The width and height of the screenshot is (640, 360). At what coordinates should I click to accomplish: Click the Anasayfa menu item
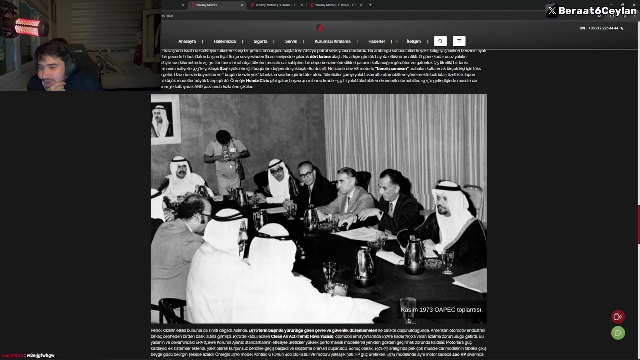(187, 41)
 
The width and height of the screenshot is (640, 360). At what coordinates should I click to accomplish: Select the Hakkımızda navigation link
(224, 41)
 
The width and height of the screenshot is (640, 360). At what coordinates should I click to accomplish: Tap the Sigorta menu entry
(260, 41)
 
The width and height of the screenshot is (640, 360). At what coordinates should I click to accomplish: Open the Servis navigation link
(291, 41)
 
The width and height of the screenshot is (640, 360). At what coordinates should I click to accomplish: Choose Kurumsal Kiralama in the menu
(332, 41)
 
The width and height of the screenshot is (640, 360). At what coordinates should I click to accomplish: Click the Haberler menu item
(377, 41)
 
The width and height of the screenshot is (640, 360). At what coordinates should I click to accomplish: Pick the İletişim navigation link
(414, 41)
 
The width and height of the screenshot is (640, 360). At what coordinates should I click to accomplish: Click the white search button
(440, 41)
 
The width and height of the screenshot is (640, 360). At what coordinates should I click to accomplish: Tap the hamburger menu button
(459, 41)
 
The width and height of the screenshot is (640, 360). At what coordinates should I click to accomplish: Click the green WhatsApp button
(618, 333)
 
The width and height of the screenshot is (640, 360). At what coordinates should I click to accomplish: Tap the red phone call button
(618, 316)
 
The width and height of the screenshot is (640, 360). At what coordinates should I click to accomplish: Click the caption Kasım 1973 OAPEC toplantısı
(441, 310)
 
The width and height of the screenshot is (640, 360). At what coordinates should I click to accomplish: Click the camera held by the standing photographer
(226, 152)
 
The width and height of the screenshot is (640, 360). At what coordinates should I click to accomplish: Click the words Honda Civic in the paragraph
(257, 81)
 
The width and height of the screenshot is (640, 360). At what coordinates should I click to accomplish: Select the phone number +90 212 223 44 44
(603, 28)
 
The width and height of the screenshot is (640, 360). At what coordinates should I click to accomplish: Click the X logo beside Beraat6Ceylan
(552, 11)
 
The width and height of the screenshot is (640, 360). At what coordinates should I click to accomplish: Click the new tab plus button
(370, 5)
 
